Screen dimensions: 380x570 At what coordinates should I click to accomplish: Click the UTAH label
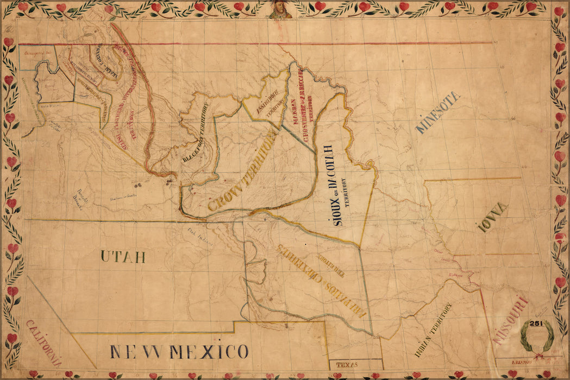(122, 256)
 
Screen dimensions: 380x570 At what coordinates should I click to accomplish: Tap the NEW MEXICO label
(179, 352)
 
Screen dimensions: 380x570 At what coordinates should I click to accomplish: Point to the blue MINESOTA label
(438, 112)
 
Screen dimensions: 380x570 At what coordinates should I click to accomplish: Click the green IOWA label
(493, 217)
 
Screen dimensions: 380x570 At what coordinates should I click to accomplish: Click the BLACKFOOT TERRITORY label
(196, 134)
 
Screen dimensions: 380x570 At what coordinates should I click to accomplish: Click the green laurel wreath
(537, 337)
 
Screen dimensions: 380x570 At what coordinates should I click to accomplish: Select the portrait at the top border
(280, 9)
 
